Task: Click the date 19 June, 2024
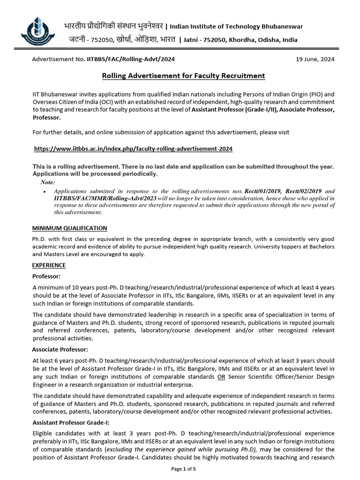pyautogui.click(x=315, y=59)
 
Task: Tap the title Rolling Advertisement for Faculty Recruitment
pyautogui.click(x=183, y=75)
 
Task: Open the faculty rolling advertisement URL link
pyautogui.click(x=134, y=149)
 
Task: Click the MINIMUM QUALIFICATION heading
pyautogui.click(x=69, y=228)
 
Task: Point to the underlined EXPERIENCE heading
pyautogui.click(x=49, y=265)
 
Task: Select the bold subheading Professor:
pyautogui.click(x=46, y=276)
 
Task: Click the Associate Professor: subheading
pyautogui.click(x=60, y=349)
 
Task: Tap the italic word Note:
pyautogui.click(x=47, y=182)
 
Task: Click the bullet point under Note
pyautogui.click(x=44, y=192)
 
